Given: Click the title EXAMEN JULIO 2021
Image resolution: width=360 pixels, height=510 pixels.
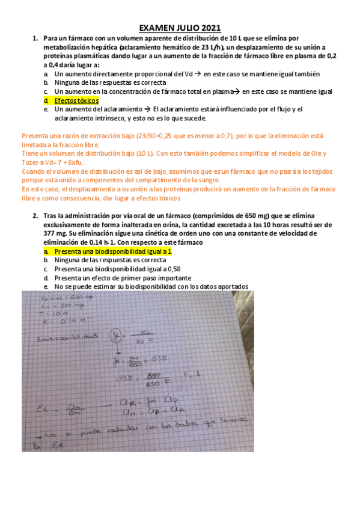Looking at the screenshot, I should (180, 28).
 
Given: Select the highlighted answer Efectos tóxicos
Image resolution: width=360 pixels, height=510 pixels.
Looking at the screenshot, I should (76, 100).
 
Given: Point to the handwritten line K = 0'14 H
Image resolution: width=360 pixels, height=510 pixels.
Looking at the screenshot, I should (62, 320).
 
